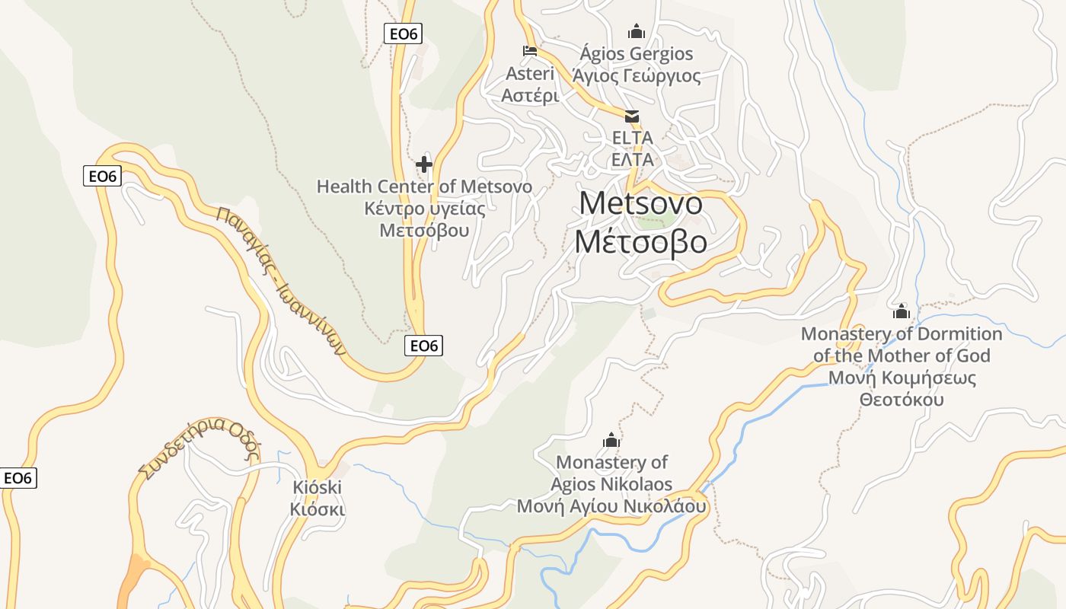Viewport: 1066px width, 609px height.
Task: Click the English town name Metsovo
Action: click(x=640, y=203)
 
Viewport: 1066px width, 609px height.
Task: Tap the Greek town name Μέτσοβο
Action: click(x=640, y=241)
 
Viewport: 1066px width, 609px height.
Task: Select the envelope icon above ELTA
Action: click(x=632, y=116)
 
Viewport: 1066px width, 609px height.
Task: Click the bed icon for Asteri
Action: click(x=530, y=51)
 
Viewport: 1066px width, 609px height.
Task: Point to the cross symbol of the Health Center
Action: click(x=424, y=164)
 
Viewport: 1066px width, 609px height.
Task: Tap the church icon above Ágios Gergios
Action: click(x=636, y=31)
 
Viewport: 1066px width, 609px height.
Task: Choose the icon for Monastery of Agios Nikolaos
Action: click(x=611, y=440)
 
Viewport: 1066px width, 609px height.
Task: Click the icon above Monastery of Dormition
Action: click(x=902, y=311)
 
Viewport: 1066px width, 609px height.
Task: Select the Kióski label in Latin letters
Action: click(x=318, y=487)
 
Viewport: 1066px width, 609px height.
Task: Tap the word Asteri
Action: click(x=530, y=74)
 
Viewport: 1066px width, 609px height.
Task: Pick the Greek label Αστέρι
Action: click(x=530, y=96)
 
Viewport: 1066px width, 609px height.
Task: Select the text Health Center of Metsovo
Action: click(x=424, y=187)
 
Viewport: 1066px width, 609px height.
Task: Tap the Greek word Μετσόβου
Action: click(x=424, y=230)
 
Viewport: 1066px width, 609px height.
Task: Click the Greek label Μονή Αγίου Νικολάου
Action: click(x=611, y=506)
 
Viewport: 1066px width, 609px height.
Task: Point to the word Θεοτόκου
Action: click(x=902, y=400)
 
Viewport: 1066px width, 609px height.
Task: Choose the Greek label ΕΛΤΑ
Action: click(x=633, y=160)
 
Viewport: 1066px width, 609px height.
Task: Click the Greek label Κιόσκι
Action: click(x=318, y=509)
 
